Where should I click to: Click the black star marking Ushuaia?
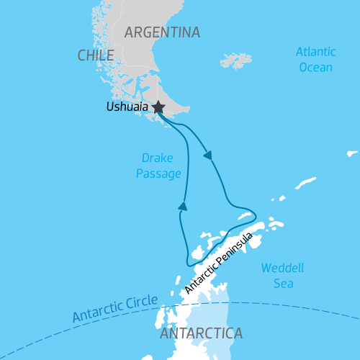tap(158, 107)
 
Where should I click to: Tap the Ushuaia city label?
tap(127, 107)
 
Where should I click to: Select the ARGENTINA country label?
tap(162, 32)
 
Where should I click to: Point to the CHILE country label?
tap(96, 55)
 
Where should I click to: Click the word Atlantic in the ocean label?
tap(315, 53)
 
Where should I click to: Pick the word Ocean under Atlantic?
tap(315, 67)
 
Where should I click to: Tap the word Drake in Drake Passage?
tap(157, 158)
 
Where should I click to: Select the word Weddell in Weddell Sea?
tap(282, 268)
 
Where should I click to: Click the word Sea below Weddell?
tap(282, 283)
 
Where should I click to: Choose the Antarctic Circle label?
tap(114, 307)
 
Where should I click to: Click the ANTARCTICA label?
tap(201, 334)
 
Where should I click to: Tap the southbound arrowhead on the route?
tap(208, 155)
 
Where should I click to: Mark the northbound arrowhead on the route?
tap(183, 207)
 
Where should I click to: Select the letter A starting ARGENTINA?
tap(130, 32)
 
